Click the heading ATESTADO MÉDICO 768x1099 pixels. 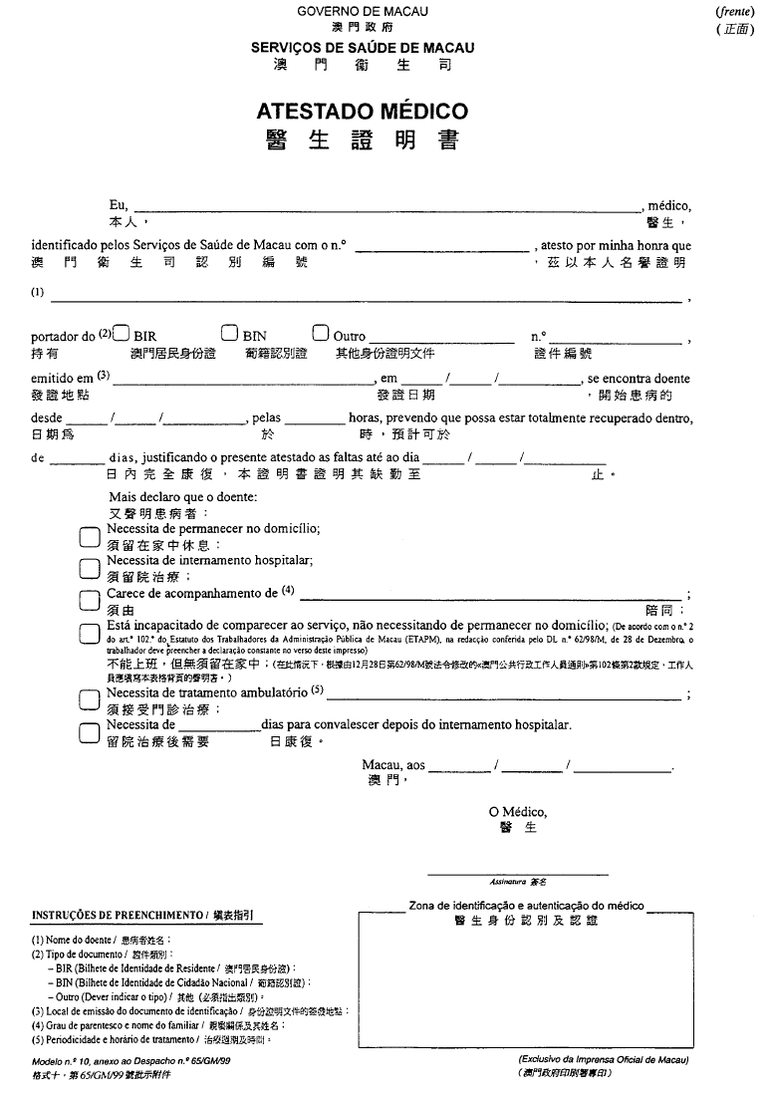tap(362, 112)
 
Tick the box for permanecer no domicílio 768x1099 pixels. tap(91, 536)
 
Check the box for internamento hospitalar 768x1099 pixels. tap(91, 568)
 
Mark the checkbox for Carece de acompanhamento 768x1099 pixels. tap(91, 600)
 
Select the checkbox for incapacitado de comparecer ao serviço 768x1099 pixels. tap(91, 632)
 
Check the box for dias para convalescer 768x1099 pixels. tap(91, 731)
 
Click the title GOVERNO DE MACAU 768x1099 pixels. tap(362, 11)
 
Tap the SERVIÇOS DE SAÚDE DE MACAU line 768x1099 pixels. tap(362, 47)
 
